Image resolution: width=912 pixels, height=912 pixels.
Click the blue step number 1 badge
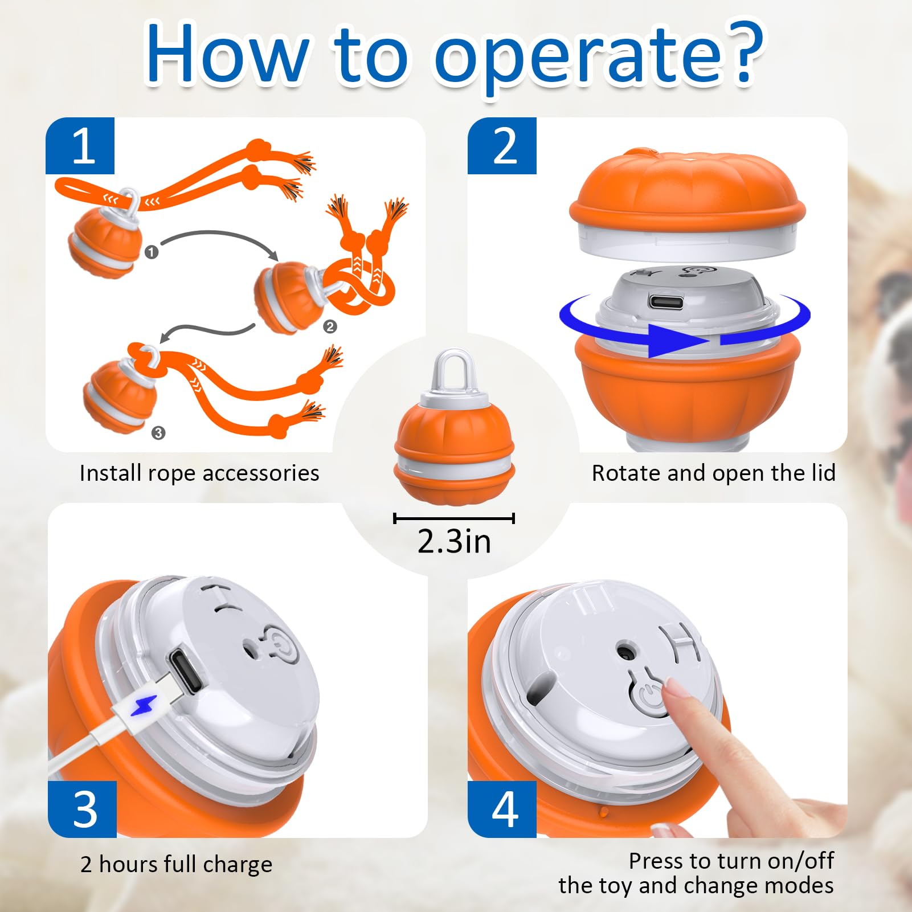click(x=80, y=146)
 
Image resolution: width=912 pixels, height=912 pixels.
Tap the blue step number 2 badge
click(x=502, y=146)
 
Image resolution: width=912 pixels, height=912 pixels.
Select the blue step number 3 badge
click(x=83, y=808)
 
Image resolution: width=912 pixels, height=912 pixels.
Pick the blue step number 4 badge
click(x=502, y=808)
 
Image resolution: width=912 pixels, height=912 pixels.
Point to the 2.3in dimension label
click(x=454, y=541)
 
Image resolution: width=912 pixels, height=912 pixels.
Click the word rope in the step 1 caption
click(x=170, y=473)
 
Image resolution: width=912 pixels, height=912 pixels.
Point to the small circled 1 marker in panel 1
click(x=151, y=252)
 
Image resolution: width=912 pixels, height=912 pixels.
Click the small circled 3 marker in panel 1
click(x=158, y=433)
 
